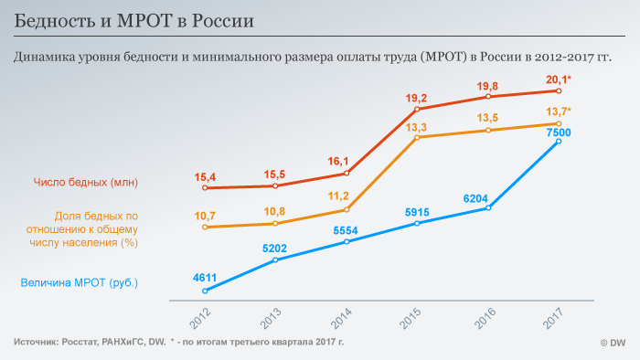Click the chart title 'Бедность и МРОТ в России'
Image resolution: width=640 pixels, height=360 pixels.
[x=133, y=21]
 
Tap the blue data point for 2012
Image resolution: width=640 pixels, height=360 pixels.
[x=205, y=291]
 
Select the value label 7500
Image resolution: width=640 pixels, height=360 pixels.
[x=559, y=132]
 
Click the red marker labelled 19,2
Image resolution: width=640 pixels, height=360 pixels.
[x=417, y=110]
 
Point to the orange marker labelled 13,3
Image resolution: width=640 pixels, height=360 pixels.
[x=417, y=137]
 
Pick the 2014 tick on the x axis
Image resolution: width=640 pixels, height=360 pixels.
[x=341, y=318]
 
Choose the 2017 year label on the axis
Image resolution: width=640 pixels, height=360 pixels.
[x=553, y=318]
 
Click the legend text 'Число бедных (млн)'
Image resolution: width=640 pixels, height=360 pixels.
[x=86, y=182]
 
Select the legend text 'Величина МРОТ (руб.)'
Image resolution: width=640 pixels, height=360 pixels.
[x=80, y=282]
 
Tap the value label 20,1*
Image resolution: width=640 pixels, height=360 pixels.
[x=559, y=79]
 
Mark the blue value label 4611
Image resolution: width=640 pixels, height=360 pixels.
[x=205, y=278]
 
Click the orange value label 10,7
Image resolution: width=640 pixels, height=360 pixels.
[x=205, y=216]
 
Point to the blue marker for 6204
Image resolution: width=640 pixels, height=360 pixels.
[x=488, y=208]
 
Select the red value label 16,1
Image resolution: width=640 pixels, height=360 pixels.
[x=338, y=162]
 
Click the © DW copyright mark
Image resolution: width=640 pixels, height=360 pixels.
[x=613, y=343]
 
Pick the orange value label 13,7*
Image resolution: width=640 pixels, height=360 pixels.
[x=559, y=111]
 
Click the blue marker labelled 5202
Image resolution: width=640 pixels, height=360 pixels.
[x=275, y=259]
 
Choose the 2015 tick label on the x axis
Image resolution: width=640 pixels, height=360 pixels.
[x=411, y=318]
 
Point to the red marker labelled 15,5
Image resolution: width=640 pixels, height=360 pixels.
[x=275, y=185]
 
